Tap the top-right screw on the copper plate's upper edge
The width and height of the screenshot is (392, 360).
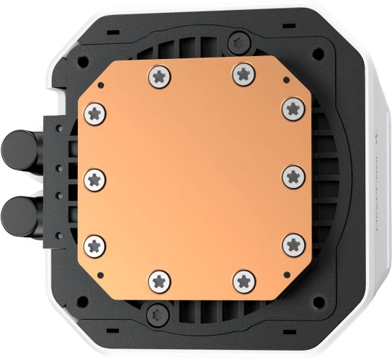pos(243,73)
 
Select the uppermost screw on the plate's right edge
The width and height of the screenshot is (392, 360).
pos(292,109)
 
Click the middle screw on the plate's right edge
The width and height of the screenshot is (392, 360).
pos(292,175)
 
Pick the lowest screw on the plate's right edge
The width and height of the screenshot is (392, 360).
pos(292,243)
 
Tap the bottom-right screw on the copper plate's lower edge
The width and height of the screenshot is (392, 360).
pos(243,279)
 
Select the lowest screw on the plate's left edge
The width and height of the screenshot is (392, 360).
pos(97,243)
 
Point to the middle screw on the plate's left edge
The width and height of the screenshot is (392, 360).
pos(97,177)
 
